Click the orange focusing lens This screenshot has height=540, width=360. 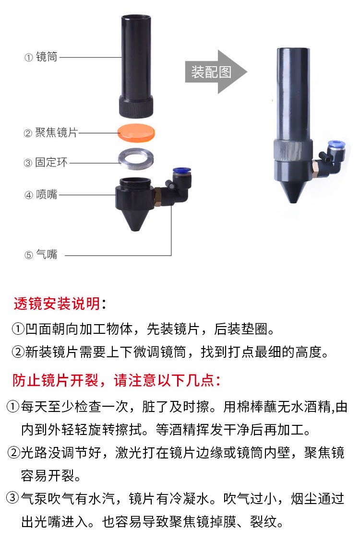pos(137,132)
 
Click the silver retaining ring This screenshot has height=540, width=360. pos(137,158)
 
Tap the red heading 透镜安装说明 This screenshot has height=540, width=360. pos(57,303)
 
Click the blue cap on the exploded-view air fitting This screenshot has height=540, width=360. pos(180,171)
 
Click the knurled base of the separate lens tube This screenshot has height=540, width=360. pos(136,106)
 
